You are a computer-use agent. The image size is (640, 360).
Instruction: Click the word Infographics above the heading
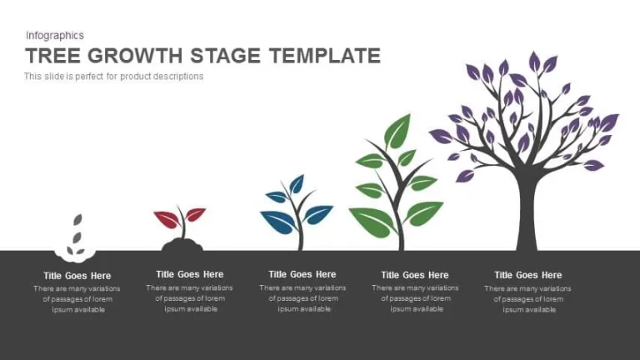55,36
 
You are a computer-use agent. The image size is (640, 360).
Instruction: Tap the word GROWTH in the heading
135,56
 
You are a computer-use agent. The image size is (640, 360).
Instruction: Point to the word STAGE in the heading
225,56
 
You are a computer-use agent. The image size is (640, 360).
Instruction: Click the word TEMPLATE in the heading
325,56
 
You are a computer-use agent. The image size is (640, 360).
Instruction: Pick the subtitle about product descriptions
113,77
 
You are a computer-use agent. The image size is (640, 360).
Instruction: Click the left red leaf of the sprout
167,219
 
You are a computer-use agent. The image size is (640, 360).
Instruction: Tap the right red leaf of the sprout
195,214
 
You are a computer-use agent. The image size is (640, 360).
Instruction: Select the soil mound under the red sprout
182,245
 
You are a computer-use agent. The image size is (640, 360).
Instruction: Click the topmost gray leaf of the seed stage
77,220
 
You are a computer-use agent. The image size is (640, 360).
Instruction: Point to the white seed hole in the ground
76,255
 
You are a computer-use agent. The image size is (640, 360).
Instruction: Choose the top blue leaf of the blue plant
297,183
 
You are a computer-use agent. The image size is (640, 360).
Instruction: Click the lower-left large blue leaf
278,222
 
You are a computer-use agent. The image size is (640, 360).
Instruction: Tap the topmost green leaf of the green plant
397,132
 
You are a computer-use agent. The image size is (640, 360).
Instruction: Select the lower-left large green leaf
372,222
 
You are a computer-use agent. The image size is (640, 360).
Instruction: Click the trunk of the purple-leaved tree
527,212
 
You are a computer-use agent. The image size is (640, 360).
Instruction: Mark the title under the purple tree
527,275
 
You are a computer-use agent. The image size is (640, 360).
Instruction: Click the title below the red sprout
190,274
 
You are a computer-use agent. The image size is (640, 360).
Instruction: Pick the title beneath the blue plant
302,274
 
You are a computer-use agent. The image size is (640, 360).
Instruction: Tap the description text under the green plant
416,298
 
